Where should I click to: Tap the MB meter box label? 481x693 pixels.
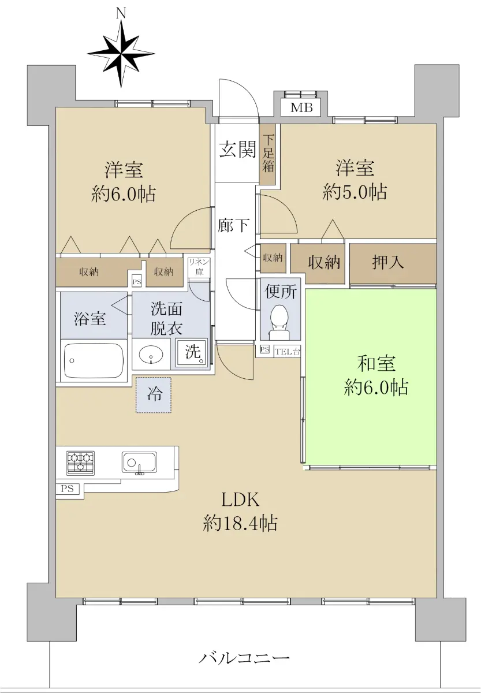(x=301, y=107)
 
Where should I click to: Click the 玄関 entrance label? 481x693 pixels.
(x=237, y=150)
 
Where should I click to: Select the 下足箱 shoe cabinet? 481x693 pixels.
(x=267, y=154)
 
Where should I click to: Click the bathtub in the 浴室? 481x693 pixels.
(x=94, y=361)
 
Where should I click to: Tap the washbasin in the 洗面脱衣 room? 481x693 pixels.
(x=151, y=354)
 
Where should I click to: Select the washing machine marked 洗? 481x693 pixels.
(x=191, y=352)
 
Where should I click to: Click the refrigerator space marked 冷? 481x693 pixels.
(x=154, y=395)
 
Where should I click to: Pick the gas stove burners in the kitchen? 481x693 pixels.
(x=80, y=463)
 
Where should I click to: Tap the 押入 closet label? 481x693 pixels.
(x=388, y=263)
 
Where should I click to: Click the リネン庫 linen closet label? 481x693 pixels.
(x=199, y=267)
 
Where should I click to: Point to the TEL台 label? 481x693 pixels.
(x=288, y=351)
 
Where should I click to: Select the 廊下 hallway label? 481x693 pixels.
(x=233, y=225)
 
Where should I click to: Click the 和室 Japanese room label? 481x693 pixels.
(x=376, y=363)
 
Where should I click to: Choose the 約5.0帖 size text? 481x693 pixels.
(x=355, y=192)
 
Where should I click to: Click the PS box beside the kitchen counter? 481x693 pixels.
(x=68, y=489)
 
